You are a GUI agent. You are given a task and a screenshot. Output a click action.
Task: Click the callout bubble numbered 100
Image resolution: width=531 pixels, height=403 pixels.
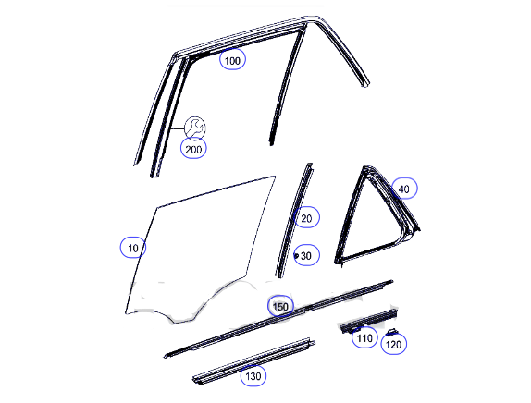click(232, 59)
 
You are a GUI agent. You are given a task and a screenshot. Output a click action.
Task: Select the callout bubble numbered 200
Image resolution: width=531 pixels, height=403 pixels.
click(193, 148)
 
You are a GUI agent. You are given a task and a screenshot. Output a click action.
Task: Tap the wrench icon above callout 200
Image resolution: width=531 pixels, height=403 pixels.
click(194, 128)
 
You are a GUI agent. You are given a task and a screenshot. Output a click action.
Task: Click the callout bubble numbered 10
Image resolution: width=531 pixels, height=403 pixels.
click(133, 248)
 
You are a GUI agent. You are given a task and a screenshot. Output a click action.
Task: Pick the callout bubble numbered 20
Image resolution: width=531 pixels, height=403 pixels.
click(306, 217)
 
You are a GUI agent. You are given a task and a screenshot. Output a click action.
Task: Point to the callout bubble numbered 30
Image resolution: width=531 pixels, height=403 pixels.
click(306, 255)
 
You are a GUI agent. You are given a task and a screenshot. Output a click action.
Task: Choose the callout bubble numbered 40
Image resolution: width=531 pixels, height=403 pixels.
click(404, 189)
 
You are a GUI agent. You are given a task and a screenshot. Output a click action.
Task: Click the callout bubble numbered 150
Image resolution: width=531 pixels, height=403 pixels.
click(280, 306)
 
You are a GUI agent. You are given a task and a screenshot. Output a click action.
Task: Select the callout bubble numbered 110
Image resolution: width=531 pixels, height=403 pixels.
click(364, 337)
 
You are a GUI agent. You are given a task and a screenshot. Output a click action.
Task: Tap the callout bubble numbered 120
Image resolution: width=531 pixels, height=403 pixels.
click(393, 344)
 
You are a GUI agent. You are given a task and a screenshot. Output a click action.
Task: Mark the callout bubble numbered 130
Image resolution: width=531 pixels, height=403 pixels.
click(253, 375)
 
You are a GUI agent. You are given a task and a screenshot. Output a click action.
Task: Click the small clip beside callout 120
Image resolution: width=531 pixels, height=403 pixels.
click(392, 331)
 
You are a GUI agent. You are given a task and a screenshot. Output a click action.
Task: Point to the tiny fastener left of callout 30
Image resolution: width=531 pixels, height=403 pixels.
click(296, 256)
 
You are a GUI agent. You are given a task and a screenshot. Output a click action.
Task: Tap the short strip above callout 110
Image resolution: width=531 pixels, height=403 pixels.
click(368, 320)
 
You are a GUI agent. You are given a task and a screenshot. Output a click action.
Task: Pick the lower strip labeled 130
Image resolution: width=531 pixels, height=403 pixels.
click(253, 361)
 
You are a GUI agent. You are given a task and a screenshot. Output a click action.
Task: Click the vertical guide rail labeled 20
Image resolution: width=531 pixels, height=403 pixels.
click(294, 220)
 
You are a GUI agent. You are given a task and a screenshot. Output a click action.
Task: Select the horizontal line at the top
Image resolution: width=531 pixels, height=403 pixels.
click(245, 6)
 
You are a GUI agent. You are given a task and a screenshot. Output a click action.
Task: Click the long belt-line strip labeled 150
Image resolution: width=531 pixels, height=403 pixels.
click(278, 318)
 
